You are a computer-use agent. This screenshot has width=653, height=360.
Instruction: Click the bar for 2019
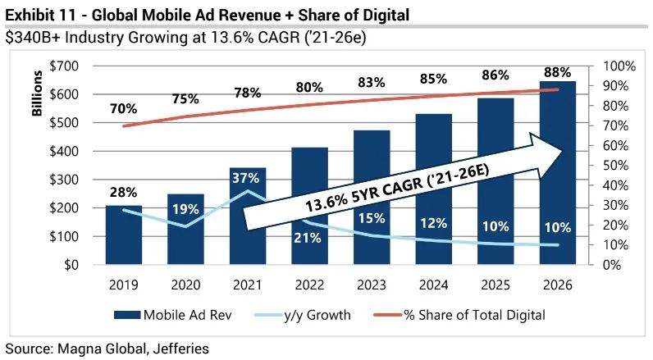tap(123, 235)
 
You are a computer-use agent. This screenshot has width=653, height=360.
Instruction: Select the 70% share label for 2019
tap(123, 108)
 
